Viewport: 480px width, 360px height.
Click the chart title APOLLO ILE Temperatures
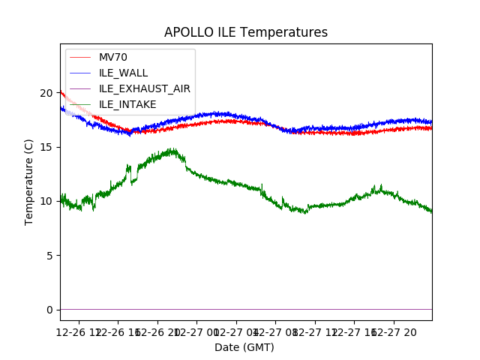pyautogui.click(x=246, y=32)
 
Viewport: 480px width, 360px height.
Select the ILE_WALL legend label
pyautogui.click(x=123, y=73)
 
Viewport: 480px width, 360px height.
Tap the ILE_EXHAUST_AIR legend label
pyautogui.click(x=144, y=88)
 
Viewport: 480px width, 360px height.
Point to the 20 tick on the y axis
pyautogui.click(x=47, y=93)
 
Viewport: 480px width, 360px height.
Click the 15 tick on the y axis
pyautogui.click(x=47, y=147)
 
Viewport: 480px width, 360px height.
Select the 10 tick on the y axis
pyautogui.click(x=47, y=201)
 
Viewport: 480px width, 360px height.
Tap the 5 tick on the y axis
pyautogui.click(x=50, y=255)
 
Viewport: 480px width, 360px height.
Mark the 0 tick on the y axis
pyautogui.click(x=50, y=310)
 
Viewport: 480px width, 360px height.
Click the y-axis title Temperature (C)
pyautogui.click(x=29, y=181)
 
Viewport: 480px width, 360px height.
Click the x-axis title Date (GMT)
pyautogui.click(x=244, y=347)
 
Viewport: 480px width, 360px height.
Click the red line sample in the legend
pyautogui.click(x=81, y=58)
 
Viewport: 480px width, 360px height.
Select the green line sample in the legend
pyautogui.click(x=81, y=73)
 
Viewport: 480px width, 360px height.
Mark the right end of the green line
pyautogui.click(x=431, y=211)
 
